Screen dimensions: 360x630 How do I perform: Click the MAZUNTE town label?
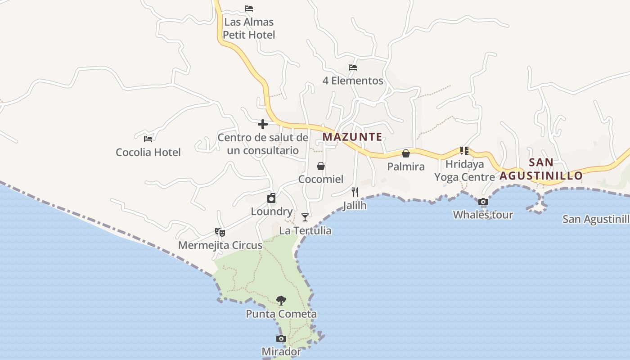point(352,137)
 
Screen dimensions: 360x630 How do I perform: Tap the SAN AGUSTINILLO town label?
point(541,169)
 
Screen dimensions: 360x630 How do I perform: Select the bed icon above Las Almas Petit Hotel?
point(249,9)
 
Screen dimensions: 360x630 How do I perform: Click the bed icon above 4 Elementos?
point(353,67)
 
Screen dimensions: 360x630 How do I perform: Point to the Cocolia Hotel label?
point(148,152)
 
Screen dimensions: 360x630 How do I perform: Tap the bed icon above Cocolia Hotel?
point(148,139)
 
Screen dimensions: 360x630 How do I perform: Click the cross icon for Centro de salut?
point(263,124)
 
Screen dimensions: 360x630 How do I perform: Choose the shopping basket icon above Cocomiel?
point(321,166)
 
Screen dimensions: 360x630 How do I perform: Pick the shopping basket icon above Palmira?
point(406,153)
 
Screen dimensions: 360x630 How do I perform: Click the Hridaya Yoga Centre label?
point(465,171)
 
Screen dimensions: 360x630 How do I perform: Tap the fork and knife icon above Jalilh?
point(355,192)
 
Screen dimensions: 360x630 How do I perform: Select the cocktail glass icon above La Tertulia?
point(305,217)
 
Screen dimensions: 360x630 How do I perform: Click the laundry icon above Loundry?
point(271,198)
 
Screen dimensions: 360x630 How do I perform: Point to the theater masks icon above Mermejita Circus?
point(220,232)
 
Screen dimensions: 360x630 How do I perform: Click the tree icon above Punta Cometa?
point(281,300)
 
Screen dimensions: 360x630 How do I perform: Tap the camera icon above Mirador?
point(281,338)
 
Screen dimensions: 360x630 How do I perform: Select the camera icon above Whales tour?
point(483,202)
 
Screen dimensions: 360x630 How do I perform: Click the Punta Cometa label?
point(281,314)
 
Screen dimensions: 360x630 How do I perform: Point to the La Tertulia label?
point(305,230)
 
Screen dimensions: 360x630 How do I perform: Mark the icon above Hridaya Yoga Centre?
point(464,150)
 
